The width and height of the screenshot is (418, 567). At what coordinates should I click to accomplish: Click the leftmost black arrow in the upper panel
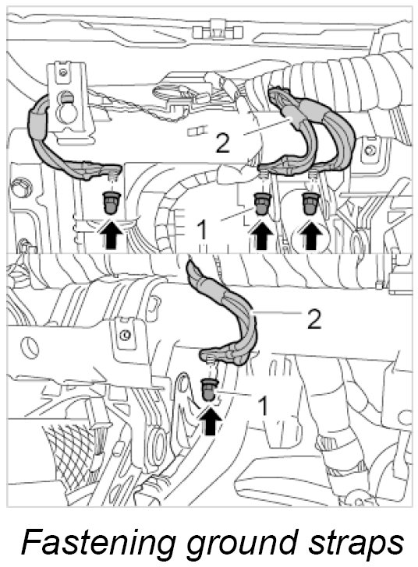coord(112,235)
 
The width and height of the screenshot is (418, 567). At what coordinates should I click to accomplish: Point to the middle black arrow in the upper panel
coord(261,235)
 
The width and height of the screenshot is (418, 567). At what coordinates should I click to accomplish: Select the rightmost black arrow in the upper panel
coord(310,235)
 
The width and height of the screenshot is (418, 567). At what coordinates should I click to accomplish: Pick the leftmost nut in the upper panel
coord(112,202)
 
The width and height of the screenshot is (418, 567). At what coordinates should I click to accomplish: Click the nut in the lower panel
coord(209,389)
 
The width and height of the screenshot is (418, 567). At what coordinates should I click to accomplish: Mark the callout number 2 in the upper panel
coord(223,142)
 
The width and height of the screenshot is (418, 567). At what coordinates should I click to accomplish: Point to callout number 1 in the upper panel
coord(202,229)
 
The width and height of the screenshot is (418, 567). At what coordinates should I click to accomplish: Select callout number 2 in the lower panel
coord(313,319)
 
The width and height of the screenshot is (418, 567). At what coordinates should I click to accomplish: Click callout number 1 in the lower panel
coord(264,405)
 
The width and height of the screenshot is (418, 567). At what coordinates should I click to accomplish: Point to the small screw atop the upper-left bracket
coord(64,72)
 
